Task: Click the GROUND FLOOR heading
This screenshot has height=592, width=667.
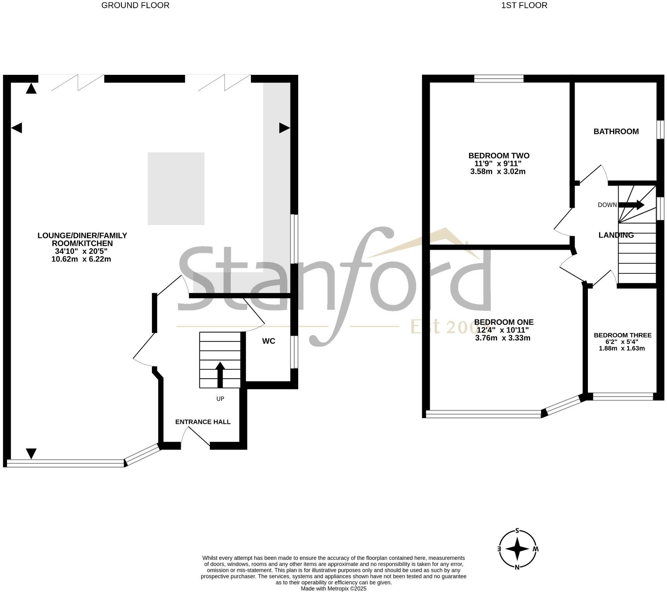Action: click(x=135, y=5)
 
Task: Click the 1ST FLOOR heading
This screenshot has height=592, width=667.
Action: click(x=524, y=5)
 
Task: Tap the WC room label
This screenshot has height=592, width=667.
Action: click(x=269, y=341)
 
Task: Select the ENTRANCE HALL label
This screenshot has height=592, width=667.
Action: click(x=203, y=422)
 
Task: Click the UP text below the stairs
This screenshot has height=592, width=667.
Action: click(x=220, y=399)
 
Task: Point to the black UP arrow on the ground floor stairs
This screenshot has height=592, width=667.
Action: click(x=220, y=374)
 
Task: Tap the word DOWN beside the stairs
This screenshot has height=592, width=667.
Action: click(x=607, y=205)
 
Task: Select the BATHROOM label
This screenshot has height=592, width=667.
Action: click(x=616, y=131)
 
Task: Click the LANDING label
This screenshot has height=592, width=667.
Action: click(x=616, y=235)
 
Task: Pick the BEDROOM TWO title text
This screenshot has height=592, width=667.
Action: click(x=499, y=155)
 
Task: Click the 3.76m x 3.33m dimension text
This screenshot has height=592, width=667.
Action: click(x=503, y=338)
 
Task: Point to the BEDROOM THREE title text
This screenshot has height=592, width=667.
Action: click(x=622, y=335)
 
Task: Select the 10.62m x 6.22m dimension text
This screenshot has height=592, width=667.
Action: click(x=81, y=259)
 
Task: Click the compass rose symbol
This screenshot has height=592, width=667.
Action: click(x=518, y=549)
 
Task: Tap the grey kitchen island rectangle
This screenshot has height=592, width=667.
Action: click(x=176, y=188)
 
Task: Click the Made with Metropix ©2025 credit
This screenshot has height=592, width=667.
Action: click(x=333, y=589)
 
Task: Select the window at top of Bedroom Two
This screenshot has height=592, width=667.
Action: click(x=499, y=79)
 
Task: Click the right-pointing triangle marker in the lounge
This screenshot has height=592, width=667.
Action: click(x=284, y=128)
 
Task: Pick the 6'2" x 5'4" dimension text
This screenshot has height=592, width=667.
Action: click(x=622, y=342)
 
